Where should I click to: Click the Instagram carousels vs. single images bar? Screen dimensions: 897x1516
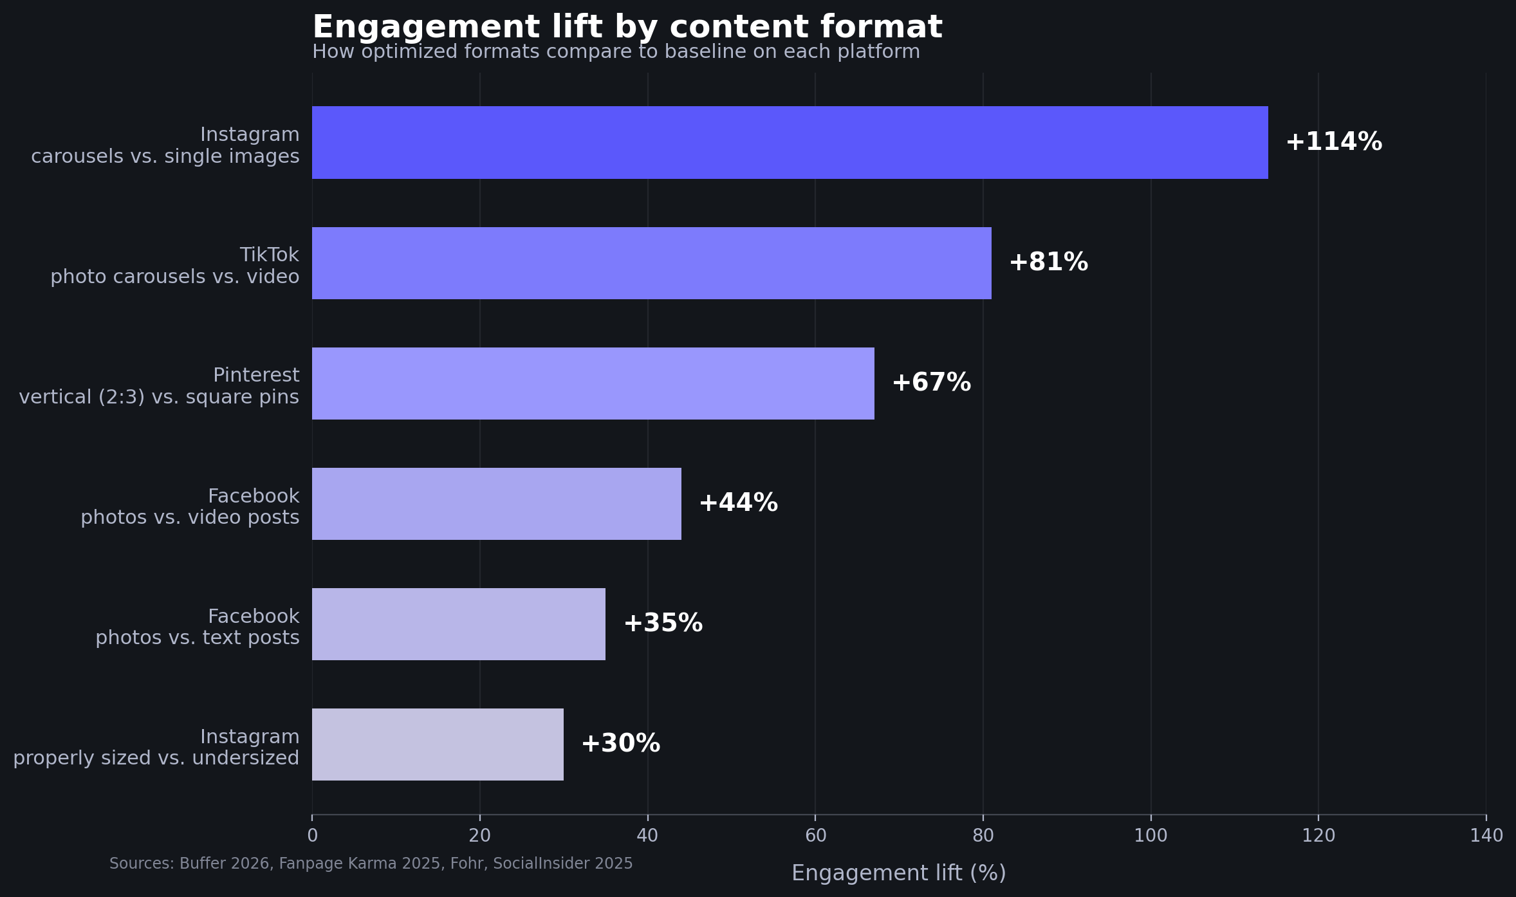[x=790, y=142]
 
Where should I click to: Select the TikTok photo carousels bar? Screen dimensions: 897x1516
[x=651, y=263]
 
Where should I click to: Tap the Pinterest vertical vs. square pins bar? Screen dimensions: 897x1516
[x=593, y=384]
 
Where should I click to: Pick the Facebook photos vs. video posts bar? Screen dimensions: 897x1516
[x=496, y=504]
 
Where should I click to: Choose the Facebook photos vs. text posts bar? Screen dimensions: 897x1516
[x=458, y=624]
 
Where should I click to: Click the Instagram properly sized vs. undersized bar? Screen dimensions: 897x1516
[x=438, y=744]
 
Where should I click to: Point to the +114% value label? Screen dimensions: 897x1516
[x=1333, y=142]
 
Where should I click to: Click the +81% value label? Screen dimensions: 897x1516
[x=1048, y=263]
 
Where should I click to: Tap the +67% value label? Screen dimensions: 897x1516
[x=931, y=383]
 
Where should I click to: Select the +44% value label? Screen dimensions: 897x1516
[x=738, y=503]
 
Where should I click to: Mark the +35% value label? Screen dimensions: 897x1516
[x=663, y=624]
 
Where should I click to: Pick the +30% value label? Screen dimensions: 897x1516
[x=620, y=744]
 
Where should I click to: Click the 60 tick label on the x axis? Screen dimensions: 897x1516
[x=815, y=836]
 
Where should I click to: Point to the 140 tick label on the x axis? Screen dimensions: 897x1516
[x=1486, y=836]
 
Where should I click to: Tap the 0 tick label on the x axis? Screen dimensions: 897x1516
[x=312, y=836]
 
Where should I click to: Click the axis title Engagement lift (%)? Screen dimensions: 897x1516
[x=898, y=873]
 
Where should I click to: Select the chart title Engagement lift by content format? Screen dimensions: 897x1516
[x=627, y=28]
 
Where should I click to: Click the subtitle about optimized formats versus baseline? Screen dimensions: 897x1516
[x=616, y=52]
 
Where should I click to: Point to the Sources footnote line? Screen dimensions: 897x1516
[x=371, y=864]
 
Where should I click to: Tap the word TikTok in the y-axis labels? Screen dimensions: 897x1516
[x=269, y=255]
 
